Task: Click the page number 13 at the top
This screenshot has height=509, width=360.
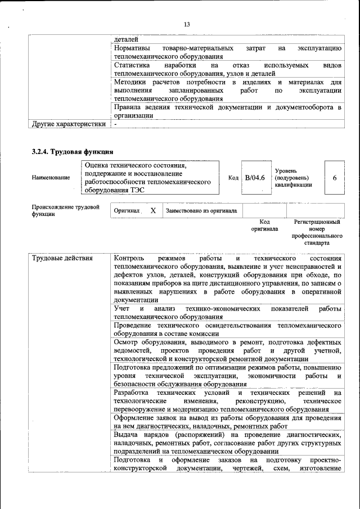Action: [x=187, y=24]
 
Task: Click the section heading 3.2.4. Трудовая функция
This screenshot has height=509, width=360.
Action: [x=73, y=152]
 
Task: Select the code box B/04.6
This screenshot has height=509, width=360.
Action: [x=255, y=178]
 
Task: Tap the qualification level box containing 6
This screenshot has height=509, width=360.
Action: [x=335, y=178]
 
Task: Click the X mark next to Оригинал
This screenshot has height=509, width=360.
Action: [x=153, y=210]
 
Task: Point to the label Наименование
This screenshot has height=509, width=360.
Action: [x=51, y=178]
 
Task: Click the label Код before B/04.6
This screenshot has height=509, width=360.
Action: [x=233, y=178]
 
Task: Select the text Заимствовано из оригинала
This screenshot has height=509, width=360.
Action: [x=201, y=211]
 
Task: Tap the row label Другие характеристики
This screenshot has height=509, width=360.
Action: [x=69, y=124]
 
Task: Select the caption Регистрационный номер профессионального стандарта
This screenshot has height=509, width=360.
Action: [x=317, y=232]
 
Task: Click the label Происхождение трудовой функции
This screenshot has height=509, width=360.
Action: [x=65, y=210]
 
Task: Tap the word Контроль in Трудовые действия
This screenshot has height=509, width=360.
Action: [x=130, y=258]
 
